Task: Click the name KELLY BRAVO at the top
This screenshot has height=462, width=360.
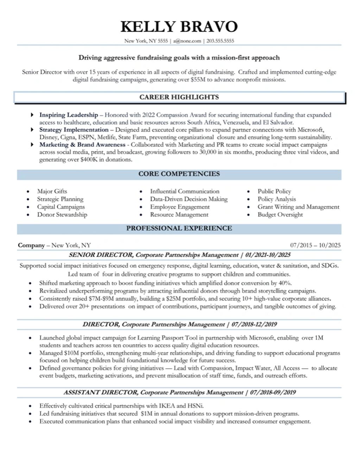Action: [179, 27]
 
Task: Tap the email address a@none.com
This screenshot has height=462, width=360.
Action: [187, 41]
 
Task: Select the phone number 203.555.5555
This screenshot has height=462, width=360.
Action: [220, 41]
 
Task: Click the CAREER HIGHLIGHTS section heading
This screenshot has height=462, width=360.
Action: [179, 97]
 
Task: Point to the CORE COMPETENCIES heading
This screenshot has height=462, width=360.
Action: [179, 174]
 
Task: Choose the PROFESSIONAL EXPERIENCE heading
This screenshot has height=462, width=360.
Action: [179, 228]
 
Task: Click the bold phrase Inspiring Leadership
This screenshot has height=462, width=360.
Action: [69, 115]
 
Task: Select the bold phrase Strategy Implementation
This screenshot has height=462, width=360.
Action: [74, 130]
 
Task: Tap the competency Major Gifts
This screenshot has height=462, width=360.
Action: [52, 191]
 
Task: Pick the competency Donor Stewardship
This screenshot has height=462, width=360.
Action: [62, 215]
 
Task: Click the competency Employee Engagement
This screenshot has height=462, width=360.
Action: [180, 207]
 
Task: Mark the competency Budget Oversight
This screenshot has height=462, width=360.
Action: [280, 215]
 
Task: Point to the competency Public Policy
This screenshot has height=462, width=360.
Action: [274, 191]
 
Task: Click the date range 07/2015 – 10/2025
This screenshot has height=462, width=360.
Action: [315, 245]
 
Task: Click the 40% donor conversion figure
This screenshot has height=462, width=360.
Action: [285, 283]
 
